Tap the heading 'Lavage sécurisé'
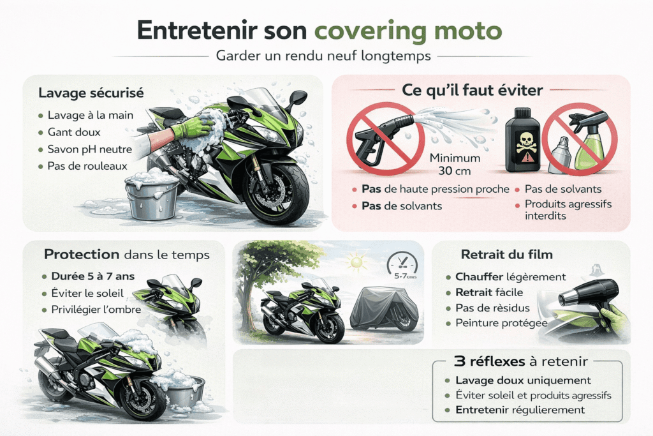[91, 93]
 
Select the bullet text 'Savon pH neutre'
[89, 149]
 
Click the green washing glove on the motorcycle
[192, 127]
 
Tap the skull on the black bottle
[525, 142]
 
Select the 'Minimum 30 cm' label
[455, 164]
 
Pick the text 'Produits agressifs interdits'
[568, 209]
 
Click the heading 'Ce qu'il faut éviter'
[473, 90]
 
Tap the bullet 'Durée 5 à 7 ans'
[93, 276]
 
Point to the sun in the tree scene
[356, 262]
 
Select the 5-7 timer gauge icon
[402, 266]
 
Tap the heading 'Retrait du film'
[507, 254]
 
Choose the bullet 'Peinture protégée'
[501, 323]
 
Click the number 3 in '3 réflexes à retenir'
[459, 361]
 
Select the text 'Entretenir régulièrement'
[520, 410]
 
